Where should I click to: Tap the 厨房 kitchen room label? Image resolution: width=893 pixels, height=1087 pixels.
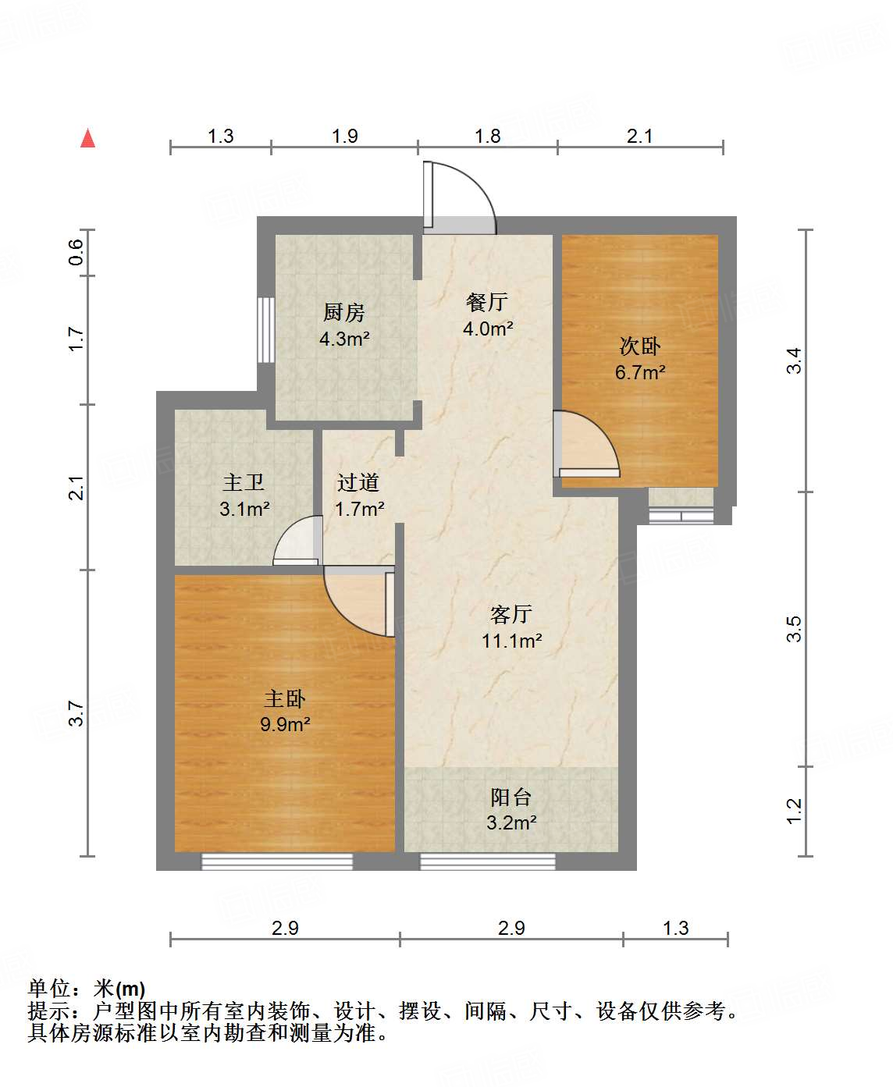[344, 313]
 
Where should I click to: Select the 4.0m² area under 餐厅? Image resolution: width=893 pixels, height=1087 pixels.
[488, 329]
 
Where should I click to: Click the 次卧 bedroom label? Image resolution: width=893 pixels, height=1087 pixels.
[640, 346]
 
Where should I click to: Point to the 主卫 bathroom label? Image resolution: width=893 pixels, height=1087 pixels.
[244, 483]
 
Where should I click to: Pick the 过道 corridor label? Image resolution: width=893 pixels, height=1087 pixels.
[358, 483]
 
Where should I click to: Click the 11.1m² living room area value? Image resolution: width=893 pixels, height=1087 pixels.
[511, 641]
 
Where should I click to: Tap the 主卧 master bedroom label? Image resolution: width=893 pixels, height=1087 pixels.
[285, 698]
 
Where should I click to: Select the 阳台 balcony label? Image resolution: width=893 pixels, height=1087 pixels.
[511, 797]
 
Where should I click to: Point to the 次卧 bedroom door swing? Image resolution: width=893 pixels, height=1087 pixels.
[585, 445]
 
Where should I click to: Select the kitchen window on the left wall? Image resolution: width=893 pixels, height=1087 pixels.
[266, 329]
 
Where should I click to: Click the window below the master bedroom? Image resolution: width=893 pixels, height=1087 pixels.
[277, 861]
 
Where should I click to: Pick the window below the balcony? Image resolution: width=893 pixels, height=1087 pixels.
[488, 861]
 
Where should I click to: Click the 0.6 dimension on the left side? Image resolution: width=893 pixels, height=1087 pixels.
[76, 251]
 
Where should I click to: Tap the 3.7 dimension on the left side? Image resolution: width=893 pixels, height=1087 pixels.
[76, 713]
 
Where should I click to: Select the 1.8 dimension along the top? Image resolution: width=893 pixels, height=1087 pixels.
[488, 137]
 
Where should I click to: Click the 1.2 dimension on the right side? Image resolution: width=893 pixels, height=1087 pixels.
[794, 811]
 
